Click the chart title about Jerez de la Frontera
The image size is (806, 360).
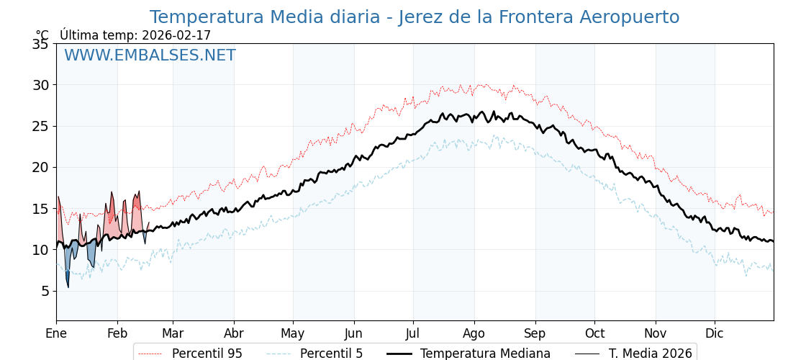pyautogui.click(x=414, y=17)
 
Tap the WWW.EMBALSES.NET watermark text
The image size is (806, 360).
pyautogui.click(x=150, y=55)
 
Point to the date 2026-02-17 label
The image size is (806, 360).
pyautogui.click(x=176, y=35)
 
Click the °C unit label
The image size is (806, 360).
pyautogui.click(x=42, y=35)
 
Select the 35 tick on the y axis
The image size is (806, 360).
pyautogui.click(x=40, y=44)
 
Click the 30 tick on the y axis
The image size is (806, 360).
pyautogui.click(x=40, y=85)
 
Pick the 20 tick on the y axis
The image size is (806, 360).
pyautogui.click(x=40, y=167)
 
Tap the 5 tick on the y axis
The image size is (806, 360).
pyautogui.click(x=44, y=291)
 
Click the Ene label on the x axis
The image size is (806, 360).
pyautogui.click(x=56, y=333)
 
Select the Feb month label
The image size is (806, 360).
pyautogui.click(x=117, y=333)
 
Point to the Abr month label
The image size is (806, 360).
pyautogui.click(x=234, y=333)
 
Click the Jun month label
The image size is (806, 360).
pyautogui.click(x=353, y=333)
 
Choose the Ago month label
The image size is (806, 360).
pyautogui.click(x=474, y=333)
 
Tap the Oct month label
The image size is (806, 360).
pyautogui.click(x=594, y=333)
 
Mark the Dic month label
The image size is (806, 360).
pyautogui.click(x=715, y=333)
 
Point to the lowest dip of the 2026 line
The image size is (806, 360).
pyautogui.click(x=68, y=287)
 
